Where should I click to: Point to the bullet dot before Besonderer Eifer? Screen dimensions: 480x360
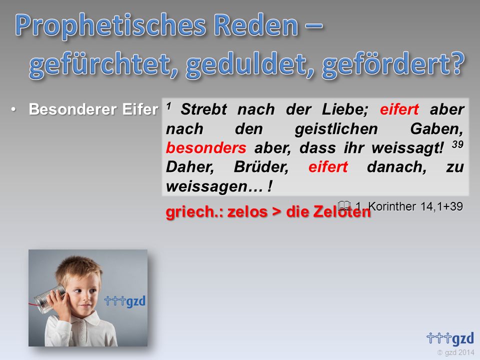pos(13,109)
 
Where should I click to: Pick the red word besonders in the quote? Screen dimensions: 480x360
pos(206,148)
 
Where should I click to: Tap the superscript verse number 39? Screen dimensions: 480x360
pos(457,144)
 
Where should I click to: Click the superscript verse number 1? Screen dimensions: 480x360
pos(168,106)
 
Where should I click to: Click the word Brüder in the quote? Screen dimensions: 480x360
pos(261,167)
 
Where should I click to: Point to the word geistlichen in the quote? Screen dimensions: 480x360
pos(336,129)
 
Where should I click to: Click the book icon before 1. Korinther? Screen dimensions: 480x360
pos(344,205)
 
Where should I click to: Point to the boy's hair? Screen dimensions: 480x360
pos(79,270)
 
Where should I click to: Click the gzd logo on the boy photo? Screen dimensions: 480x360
pos(125,301)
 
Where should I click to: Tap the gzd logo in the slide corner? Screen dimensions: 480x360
pos(450,338)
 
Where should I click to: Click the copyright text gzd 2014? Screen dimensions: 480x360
pos(455,352)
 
